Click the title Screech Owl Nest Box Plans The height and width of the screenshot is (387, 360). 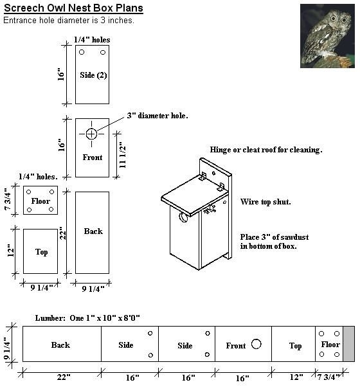(73, 8)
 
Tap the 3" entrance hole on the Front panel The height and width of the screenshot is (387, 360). (91, 134)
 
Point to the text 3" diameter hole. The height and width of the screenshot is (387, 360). (157, 116)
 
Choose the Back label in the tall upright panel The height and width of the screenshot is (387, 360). (93, 231)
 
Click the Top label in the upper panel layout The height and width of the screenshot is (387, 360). (41, 252)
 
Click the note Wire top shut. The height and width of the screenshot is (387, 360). (265, 202)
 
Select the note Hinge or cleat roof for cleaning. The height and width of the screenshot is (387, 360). (265, 150)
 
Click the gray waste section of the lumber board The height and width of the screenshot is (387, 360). (348, 344)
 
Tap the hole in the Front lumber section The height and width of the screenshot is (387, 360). (256, 344)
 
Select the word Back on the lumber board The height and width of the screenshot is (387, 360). (60, 345)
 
